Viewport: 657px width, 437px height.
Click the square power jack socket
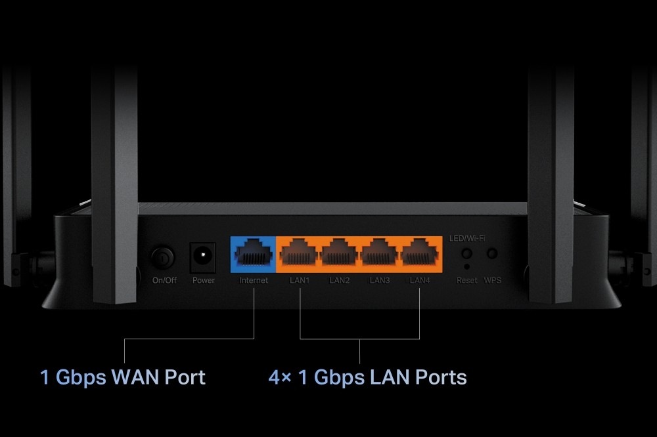[x=203, y=258]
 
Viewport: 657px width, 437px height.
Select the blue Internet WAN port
[x=254, y=253]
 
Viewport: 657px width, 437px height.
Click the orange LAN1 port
[x=300, y=253]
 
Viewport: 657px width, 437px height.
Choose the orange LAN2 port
[x=340, y=253]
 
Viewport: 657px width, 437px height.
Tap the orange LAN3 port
[x=380, y=253]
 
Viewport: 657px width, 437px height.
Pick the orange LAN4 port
[x=420, y=253]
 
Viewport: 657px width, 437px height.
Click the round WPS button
[x=491, y=253]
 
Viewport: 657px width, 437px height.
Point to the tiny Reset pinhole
[x=466, y=267]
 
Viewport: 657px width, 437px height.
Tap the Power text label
[x=204, y=281]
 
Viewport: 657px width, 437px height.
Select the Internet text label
[x=254, y=281]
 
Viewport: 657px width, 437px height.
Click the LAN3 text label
[x=380, y=281]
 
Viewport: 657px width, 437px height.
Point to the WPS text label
[x=492, y=281]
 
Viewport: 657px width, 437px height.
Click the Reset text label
[x=467, y=281]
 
